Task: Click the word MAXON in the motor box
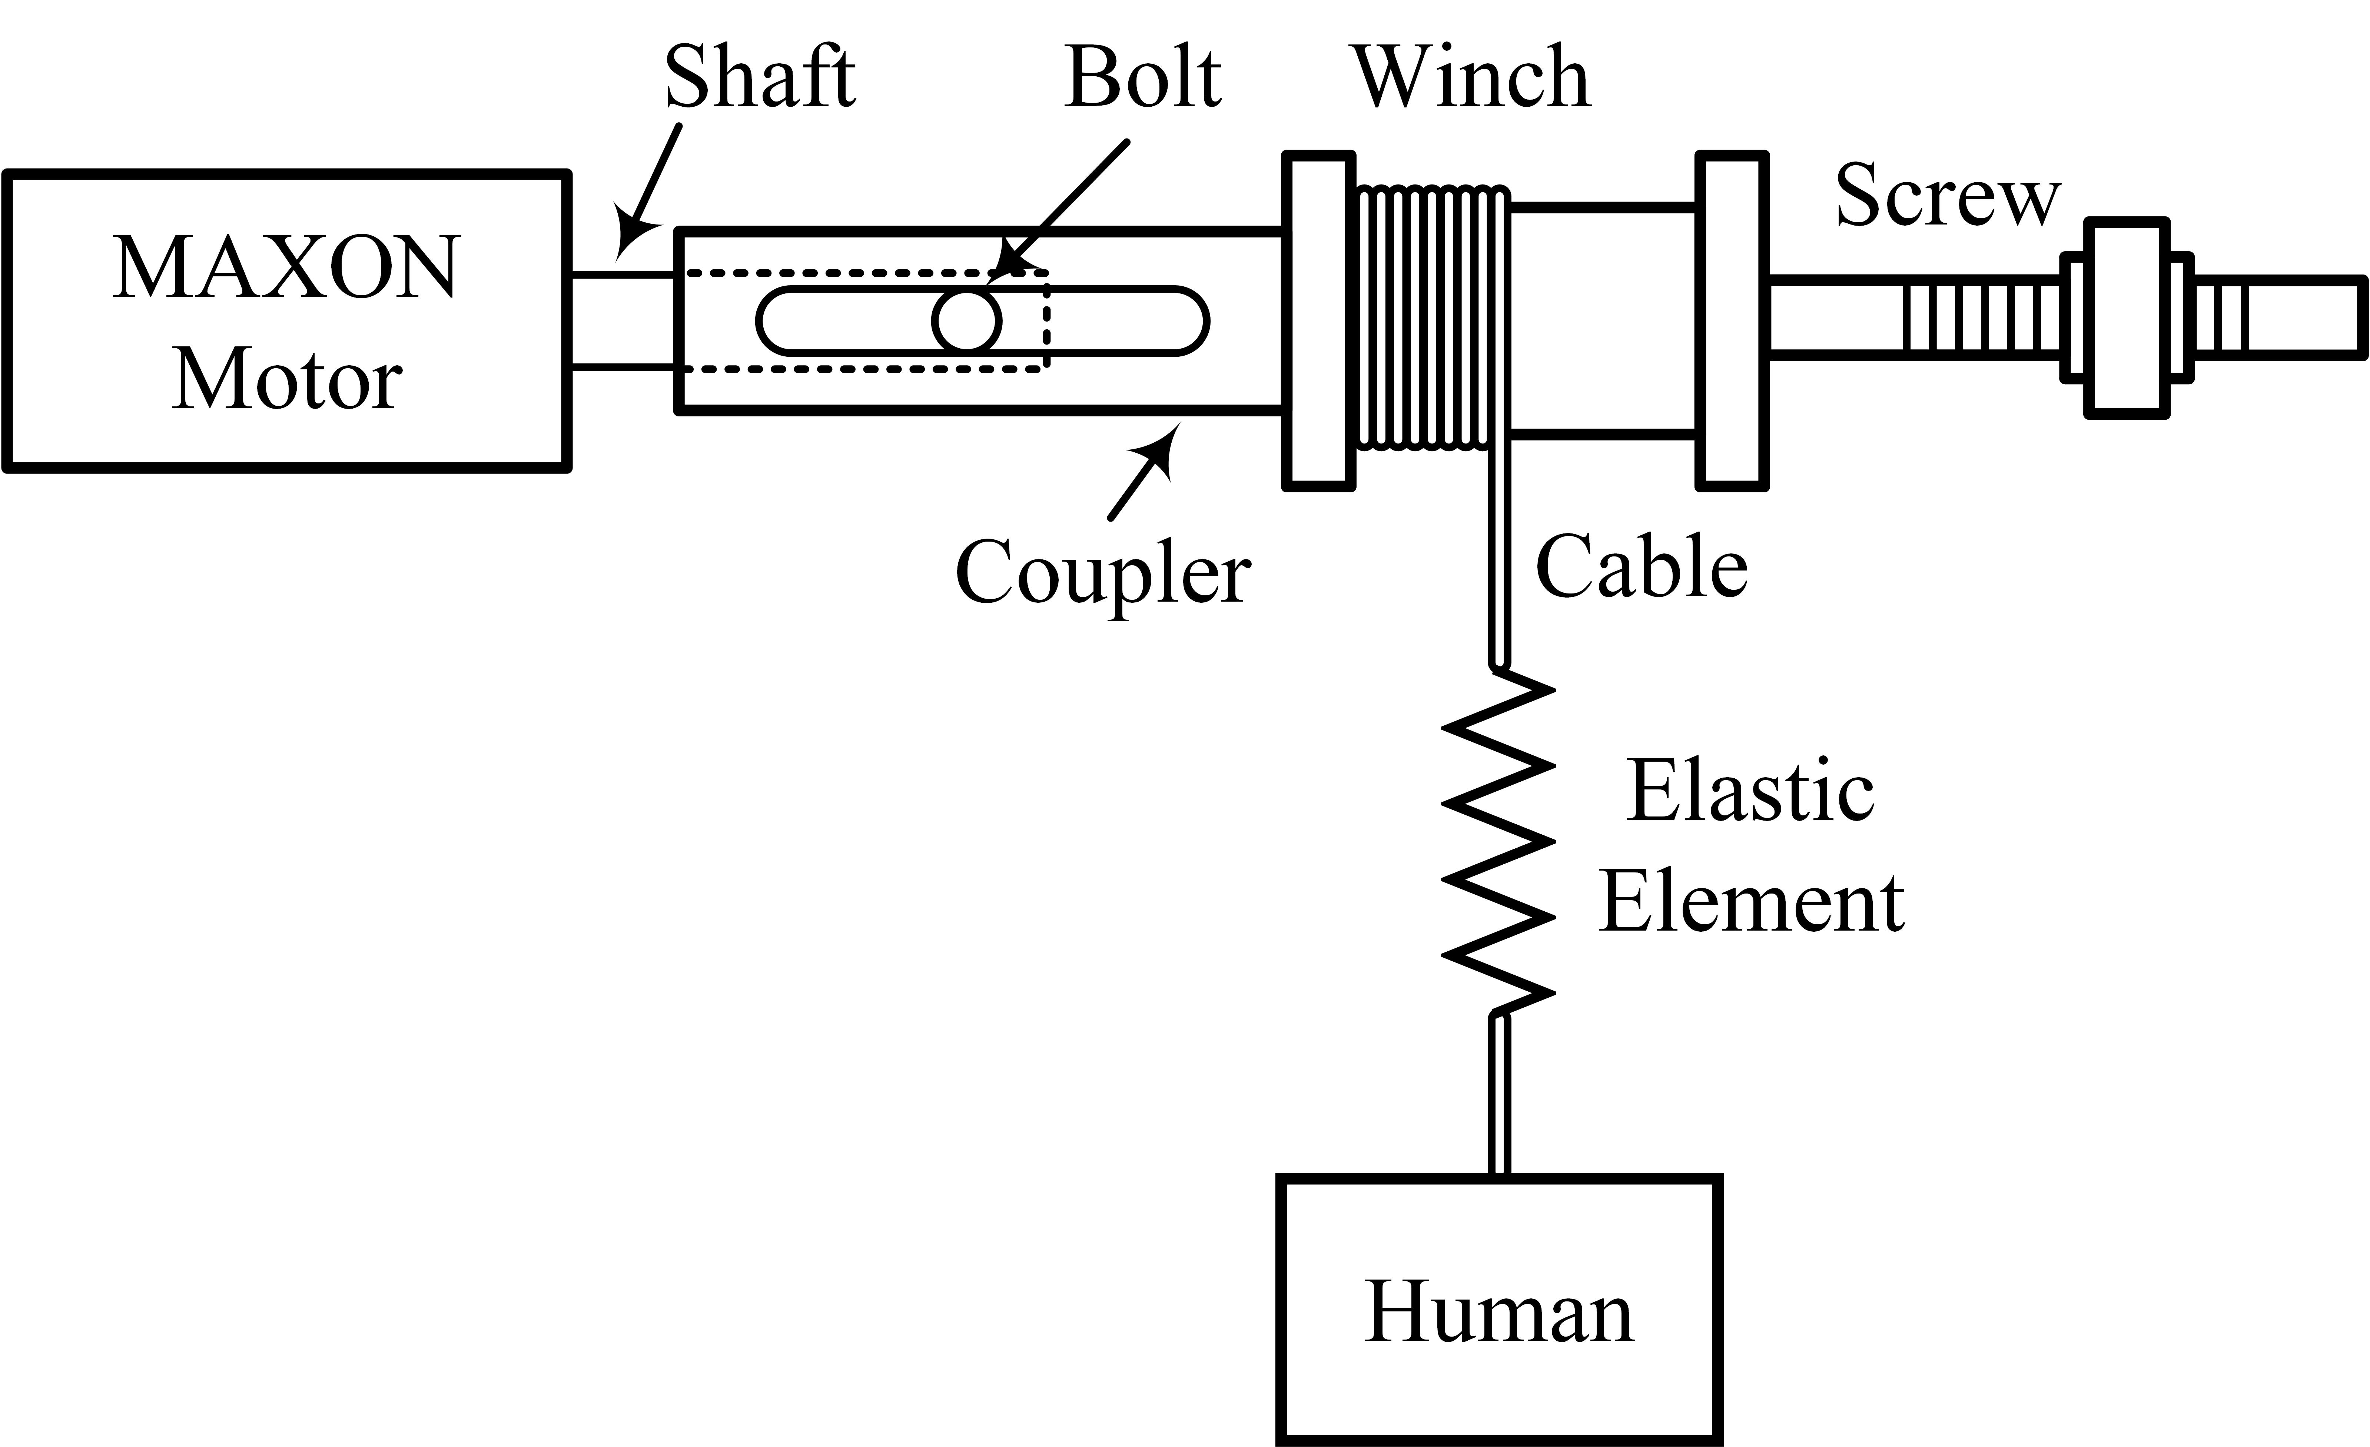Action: coord(287,268)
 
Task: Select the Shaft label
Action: coord(760,77)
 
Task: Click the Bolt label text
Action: coord(1143,77)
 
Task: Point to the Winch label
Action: coord(1472,77)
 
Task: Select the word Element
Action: coord(1750,904)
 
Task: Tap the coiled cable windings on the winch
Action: coord(1431,317)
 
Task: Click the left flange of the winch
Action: coord(1319,320)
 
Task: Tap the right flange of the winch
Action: coord(1731,320)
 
